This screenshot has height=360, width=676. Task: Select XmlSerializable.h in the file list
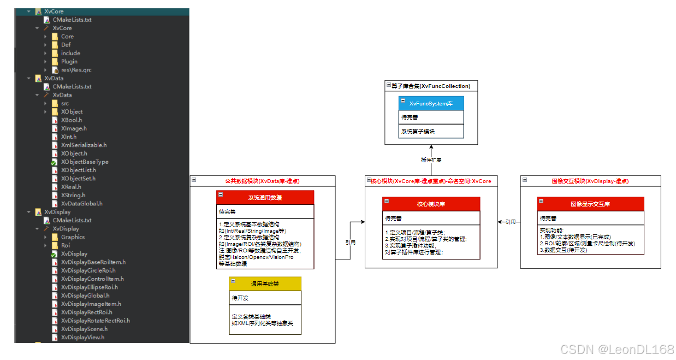84,145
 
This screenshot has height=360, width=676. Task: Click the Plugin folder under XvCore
69,62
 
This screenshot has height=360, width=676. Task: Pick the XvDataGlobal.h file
81,203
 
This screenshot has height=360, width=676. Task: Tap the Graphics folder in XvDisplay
73,237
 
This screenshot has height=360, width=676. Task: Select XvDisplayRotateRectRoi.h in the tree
95,321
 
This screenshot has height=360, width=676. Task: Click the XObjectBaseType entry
84,162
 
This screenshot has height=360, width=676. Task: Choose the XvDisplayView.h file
82,338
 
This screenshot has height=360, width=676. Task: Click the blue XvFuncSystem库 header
431,103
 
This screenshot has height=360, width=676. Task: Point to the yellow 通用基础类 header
265,284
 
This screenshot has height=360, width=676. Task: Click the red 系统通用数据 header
265,197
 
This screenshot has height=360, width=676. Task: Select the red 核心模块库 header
431,204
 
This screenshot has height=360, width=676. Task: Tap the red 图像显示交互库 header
590,204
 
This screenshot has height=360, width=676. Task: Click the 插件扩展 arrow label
431,160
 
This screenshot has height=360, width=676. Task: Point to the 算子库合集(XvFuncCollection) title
430,86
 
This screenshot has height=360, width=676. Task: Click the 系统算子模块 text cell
418,132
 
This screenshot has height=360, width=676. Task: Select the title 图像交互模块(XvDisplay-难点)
590,181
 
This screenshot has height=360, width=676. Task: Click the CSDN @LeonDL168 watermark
617,350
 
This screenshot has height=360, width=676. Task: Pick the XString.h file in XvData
73,195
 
